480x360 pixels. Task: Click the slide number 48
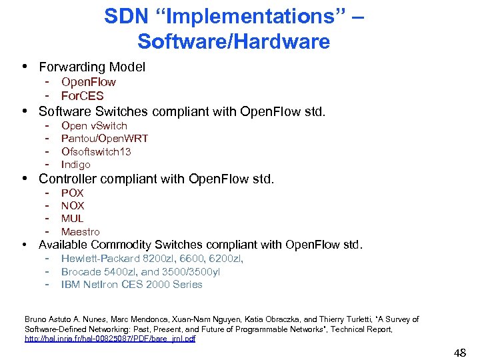pos(459,351)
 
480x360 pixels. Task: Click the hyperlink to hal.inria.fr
pos(110,339)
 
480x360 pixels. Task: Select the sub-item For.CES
pos(82,95)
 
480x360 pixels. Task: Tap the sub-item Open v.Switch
pos(94,125)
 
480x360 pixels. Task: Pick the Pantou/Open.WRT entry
pos(105,138)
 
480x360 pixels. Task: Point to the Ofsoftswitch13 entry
pos(96,151)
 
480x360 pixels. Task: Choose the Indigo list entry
pos(76,164)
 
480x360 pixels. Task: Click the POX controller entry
pos(73,193)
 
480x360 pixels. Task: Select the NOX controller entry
pos(73,205)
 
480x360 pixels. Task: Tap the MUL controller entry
pos(73,218)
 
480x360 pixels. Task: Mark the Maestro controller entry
pos(80,231)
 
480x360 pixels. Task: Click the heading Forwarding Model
pos(92,67)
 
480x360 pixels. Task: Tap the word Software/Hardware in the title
pos(233,41)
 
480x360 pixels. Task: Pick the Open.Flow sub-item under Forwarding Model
pos(88,82)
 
